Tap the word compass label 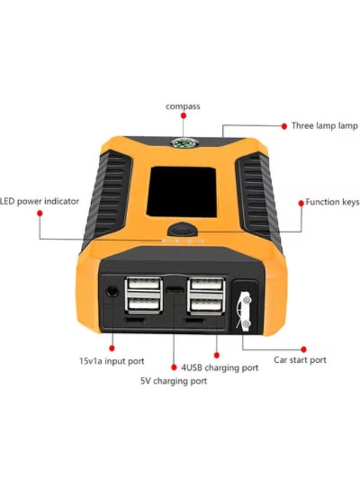(x=183, y=106)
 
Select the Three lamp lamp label (x=325, y=126)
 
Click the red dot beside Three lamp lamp (x=284, y=126)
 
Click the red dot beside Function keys (x=301, y=202)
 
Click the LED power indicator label (x=40, y=201)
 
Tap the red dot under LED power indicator (x=39, y=213)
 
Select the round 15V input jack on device (x=112, y=290)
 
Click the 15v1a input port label (x=112, y=361)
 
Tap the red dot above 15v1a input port (x=112, y=347)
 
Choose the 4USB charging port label (x=220, y=368)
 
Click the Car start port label (x=300, y=360)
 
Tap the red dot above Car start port (x=304, y=348)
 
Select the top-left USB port (x=143, y=285)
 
